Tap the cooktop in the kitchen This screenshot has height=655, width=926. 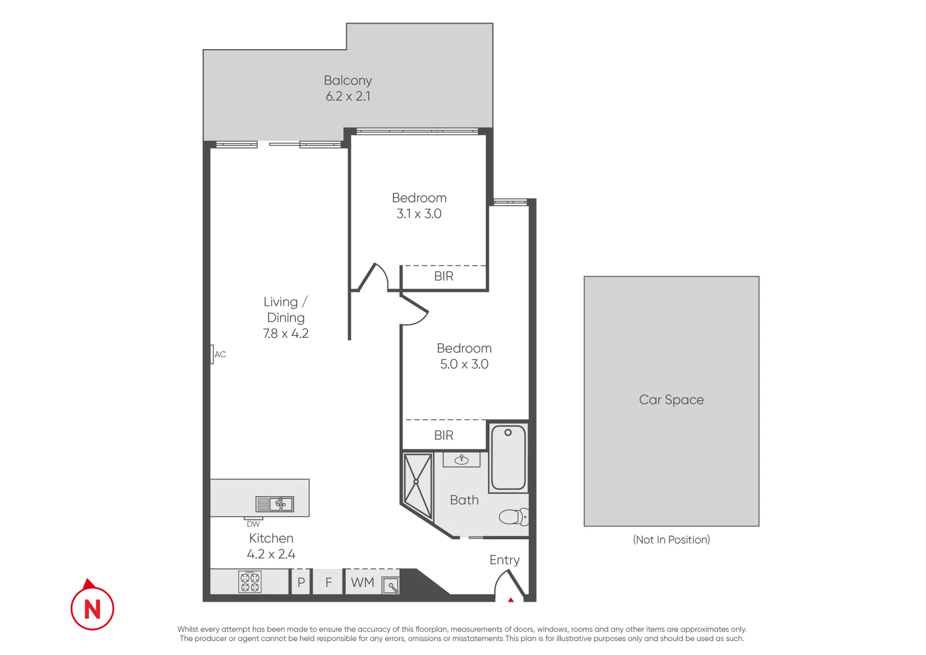tap(250, 582)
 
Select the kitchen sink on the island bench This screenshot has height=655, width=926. tap(275, 504)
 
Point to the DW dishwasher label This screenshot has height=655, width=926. tap(253, 524)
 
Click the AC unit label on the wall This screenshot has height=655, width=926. tap(220, 354)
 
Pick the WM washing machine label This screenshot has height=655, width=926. tap(363, 582)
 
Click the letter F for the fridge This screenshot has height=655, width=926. tap(329, 583)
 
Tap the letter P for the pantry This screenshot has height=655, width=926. tap(301, 583)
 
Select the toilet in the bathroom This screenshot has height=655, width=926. tap(514, 517)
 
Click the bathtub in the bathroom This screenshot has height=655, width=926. tap(508, 457)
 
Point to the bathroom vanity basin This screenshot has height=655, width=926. tap(461, 460)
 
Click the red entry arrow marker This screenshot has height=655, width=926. tap(511, 600)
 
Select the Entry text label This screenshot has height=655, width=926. tap(505, 560)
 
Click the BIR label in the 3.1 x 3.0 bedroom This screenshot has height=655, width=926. tap(444, 277)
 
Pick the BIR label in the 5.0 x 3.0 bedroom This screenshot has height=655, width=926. tap(444, 435)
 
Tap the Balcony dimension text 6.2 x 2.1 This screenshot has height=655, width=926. tap(348, 96)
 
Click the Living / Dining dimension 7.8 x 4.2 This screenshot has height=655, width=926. tap(286, 334)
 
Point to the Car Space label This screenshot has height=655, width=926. tap(671, 400)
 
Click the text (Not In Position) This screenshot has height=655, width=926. tap(671, 540)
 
